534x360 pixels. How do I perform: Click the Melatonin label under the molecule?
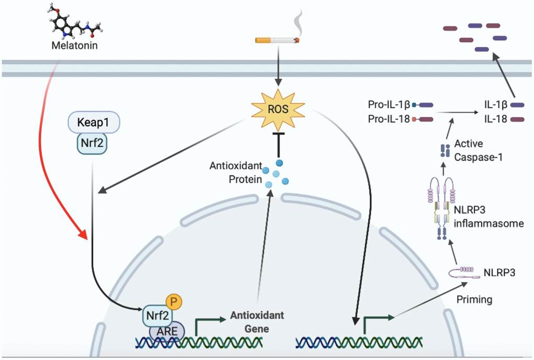click(x=74, y=46)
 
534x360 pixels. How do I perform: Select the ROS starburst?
click(x=277, y=109)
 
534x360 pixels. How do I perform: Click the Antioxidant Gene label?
click(x=256, y=322)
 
